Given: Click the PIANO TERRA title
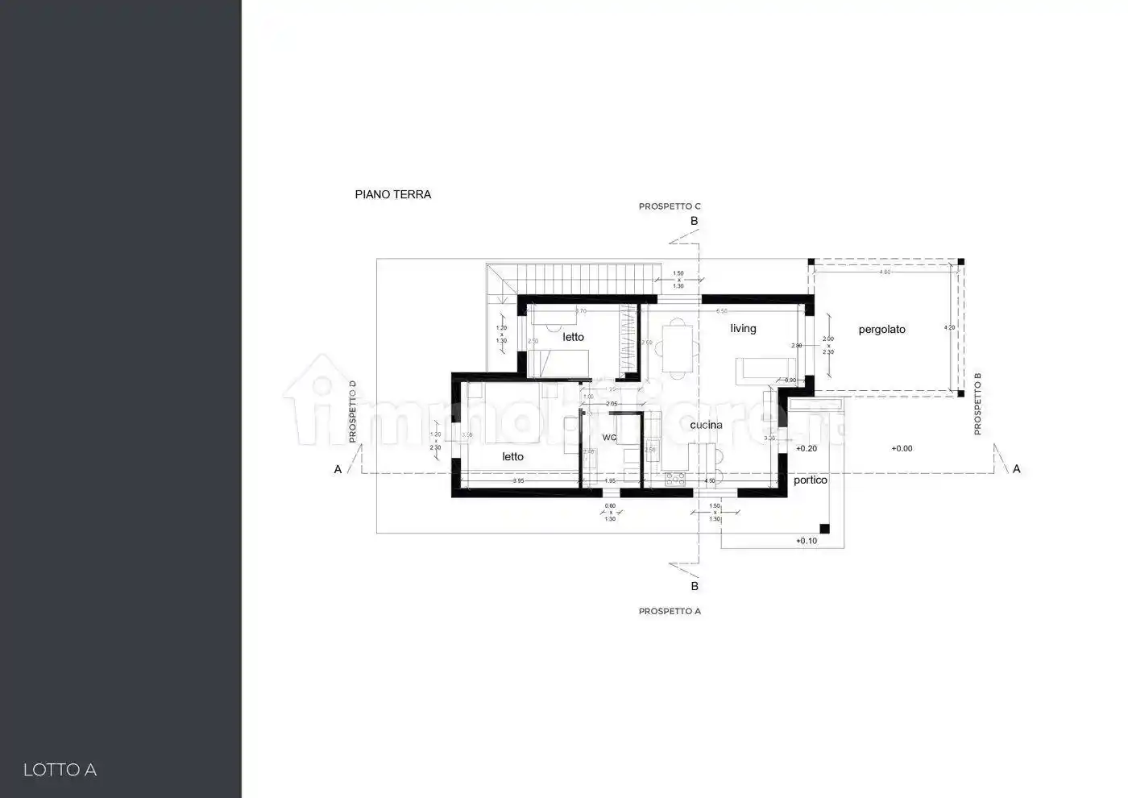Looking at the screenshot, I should tap(393, 194).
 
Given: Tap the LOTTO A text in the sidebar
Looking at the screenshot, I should tap(60, 770).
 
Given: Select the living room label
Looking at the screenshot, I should tap(743, 328).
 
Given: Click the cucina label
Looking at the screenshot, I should tap(706, 425).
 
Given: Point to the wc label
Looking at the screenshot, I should tap(609, 438).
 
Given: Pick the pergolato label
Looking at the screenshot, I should tap(881, 330).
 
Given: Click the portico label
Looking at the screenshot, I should tap(810, 480).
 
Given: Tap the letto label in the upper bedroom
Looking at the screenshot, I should tap(573, 337).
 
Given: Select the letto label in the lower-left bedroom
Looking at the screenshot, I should tap(512, 456).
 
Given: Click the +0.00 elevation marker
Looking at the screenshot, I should tap(902, 448).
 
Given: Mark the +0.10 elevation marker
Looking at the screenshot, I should tap(806, 541).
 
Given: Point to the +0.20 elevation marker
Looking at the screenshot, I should tap(806, 448).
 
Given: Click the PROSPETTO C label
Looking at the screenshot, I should tap(670, 206).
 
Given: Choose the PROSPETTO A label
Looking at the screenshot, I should tap(670, 611).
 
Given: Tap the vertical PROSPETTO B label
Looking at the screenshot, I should tap(977, 404).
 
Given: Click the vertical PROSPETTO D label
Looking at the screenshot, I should tap(353, 411).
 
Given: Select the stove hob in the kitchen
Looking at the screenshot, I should tap(674, 479).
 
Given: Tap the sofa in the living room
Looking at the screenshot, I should tap(761, 369).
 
